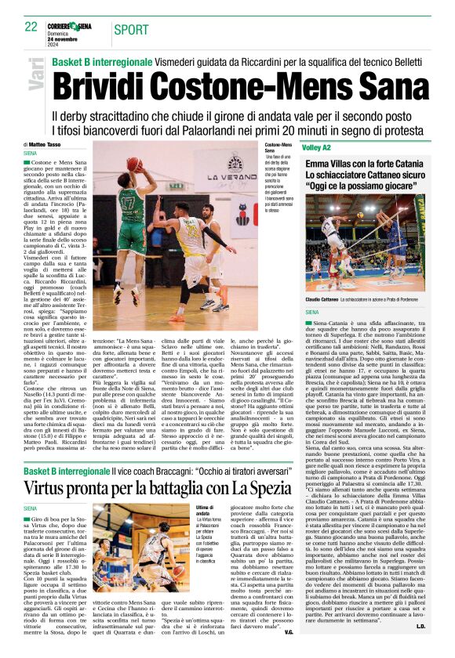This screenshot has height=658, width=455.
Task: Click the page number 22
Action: pyautogui.click(x=31, y=27)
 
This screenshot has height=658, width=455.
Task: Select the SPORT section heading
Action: pyautogui.click(x=131, y=30)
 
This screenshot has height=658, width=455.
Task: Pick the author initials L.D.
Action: pyautogui.click(x=420, y=627)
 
